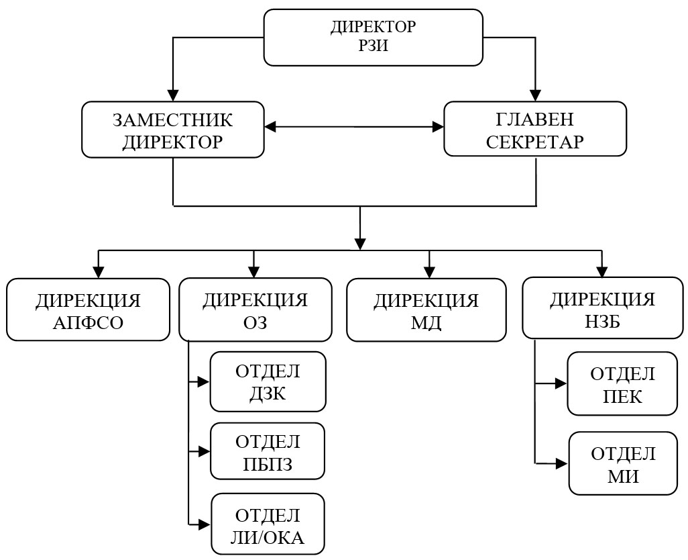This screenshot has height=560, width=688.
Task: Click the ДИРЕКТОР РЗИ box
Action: click(374, 37)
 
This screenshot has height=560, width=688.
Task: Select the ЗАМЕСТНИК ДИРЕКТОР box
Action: click(172, 130)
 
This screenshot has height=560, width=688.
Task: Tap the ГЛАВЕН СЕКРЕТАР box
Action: click(535, 130)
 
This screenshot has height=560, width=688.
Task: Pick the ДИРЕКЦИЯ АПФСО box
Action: click(88, 310)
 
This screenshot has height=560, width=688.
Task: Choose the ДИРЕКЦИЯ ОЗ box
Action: click(255, 310)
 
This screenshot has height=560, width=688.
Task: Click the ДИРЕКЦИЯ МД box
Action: click(426, 310)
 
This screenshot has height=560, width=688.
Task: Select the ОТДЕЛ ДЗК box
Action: click(268, 381)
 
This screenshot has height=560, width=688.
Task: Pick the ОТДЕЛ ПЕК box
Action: click(622, 383)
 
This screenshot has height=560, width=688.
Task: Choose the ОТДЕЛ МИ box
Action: click(623, 464)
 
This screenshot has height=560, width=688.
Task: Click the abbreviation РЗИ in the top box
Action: click(374, 46)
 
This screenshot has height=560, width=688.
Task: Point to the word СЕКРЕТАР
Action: click(535, 142)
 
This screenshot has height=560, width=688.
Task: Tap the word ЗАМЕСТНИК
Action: click(172, 120)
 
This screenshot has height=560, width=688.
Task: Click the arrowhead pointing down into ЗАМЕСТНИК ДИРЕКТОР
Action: click(173, 95)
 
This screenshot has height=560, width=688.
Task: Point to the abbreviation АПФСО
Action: click(88, 322)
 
